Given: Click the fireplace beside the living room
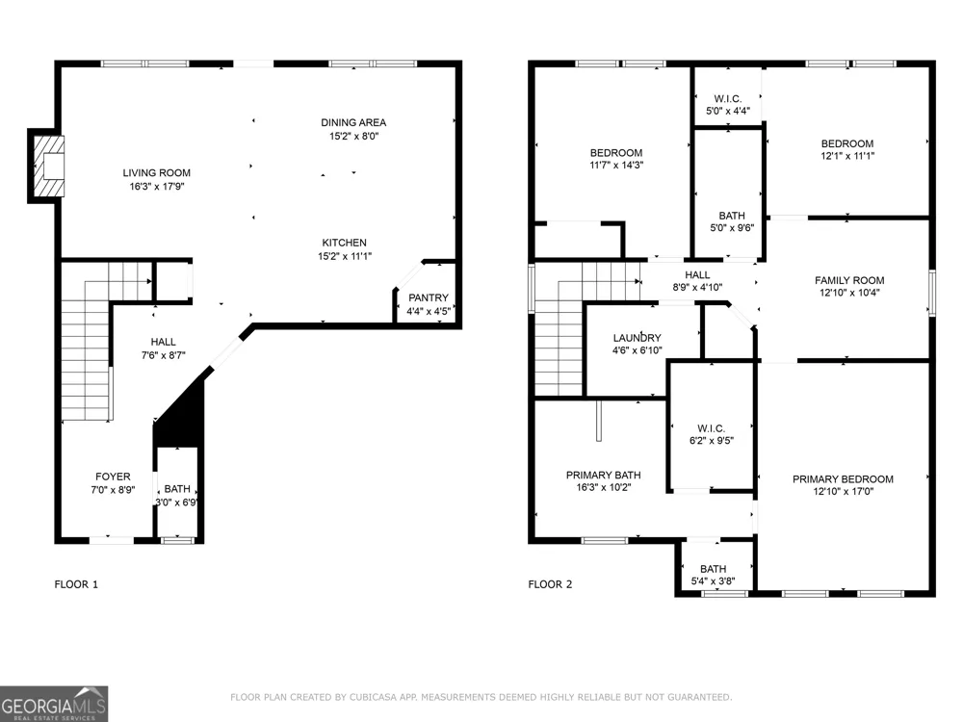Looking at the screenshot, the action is click(x=46, y=167).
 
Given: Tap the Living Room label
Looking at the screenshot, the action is click(x=157, y=173).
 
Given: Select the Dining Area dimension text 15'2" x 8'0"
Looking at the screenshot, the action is click(x=353, y=137).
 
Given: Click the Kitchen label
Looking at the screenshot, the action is click(x=345, y=244).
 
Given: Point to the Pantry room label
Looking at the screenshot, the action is click(x=429, y=297).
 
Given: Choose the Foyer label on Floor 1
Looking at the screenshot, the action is click(x=113, y=477).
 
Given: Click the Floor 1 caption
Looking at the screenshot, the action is click(x=76, y=584).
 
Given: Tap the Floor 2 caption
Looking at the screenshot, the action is click(x=550, y=584).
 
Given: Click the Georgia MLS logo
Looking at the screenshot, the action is click(x=54, y=704).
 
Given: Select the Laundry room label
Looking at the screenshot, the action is click(x=638, y=338).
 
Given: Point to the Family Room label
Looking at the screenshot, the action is click(x=850, y=280).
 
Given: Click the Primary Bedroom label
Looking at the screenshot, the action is click(x=844, y=479).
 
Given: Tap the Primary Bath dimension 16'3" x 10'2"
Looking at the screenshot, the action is click(x=604, y=487).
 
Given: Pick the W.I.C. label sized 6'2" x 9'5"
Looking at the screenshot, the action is click(x=712, y=428).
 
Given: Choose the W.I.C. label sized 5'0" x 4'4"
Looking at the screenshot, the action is click(x=728, y=99).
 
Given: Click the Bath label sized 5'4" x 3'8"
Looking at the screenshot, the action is click(x=713, y=569).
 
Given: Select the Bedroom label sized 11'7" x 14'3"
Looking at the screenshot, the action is click(x=616, y=153).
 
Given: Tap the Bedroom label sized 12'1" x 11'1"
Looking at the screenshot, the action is click(x=847, y=143).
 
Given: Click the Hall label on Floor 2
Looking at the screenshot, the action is click(x=697, y=275).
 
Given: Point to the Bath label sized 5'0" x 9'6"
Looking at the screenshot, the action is click(x=732, y=216).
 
